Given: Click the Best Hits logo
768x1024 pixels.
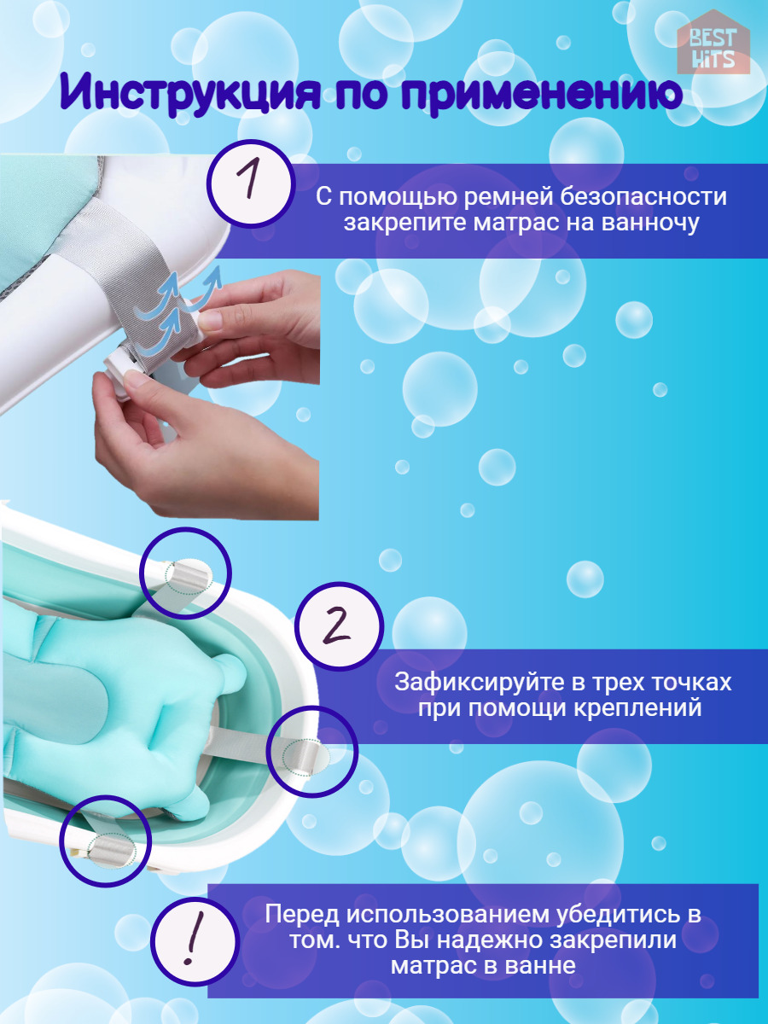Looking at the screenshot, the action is click(x=713, y=48).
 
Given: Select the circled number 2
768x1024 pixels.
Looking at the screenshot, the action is click(x=339, y=625).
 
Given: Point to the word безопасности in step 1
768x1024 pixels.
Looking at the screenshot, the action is click(x=643, y=197).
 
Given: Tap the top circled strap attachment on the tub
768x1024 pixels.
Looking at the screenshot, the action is click(x=185, y=573).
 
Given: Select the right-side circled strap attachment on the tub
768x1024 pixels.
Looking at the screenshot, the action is click(x=312, y=752).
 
